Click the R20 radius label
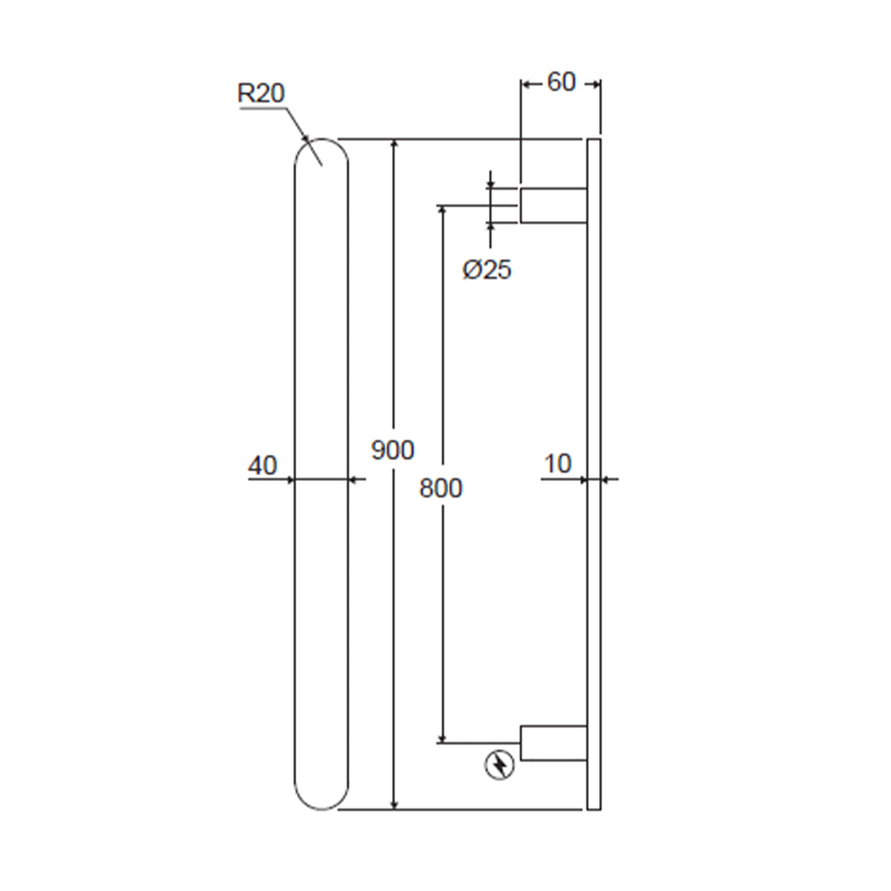pyautogui.click(x=261, y=93)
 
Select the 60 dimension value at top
pyautogui.click(x=561, y=82)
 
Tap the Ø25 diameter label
pyautogui.click(x=487, y=270)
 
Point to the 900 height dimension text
pyautogui.click(x=393, y=450)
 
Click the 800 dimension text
pyautogui.click(x=441, y=488)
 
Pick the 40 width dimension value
pyautogui.click(x=262, y=465)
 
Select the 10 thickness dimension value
pyautogui.click(x=558, y=464)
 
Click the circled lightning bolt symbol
pyautogui.click(x=499, y=766)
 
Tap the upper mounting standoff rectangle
pyautogui.click(x=553, y=205)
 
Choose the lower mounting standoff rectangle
pyautogui.click(x=553, y=743)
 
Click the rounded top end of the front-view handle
pyautogui.click(x=322, y=153)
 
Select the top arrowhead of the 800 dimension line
pyautogui.click(x=443, y=211)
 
